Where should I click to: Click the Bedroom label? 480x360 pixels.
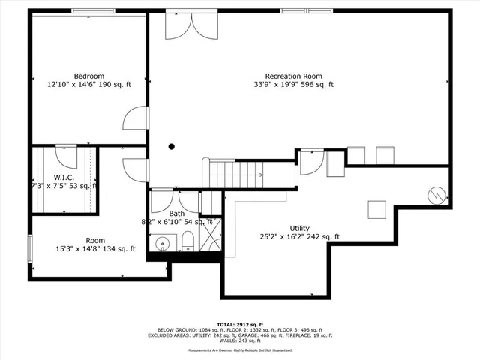pyautogui.click(x=88, y=76)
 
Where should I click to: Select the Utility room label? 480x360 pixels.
pyautogui.click(x=299, y=228)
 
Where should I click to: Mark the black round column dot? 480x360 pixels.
pyautogui.click(x=172, y=147)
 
